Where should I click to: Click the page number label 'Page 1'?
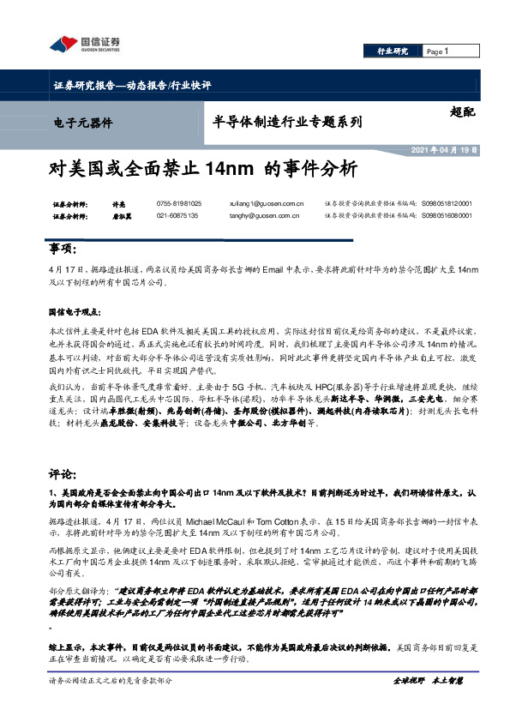(x=438, y=52)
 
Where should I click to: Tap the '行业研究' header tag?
(x=394, y=52)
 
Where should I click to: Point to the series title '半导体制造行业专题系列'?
(x=286, y=123)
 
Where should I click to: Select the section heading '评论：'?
(x=63, y=472)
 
